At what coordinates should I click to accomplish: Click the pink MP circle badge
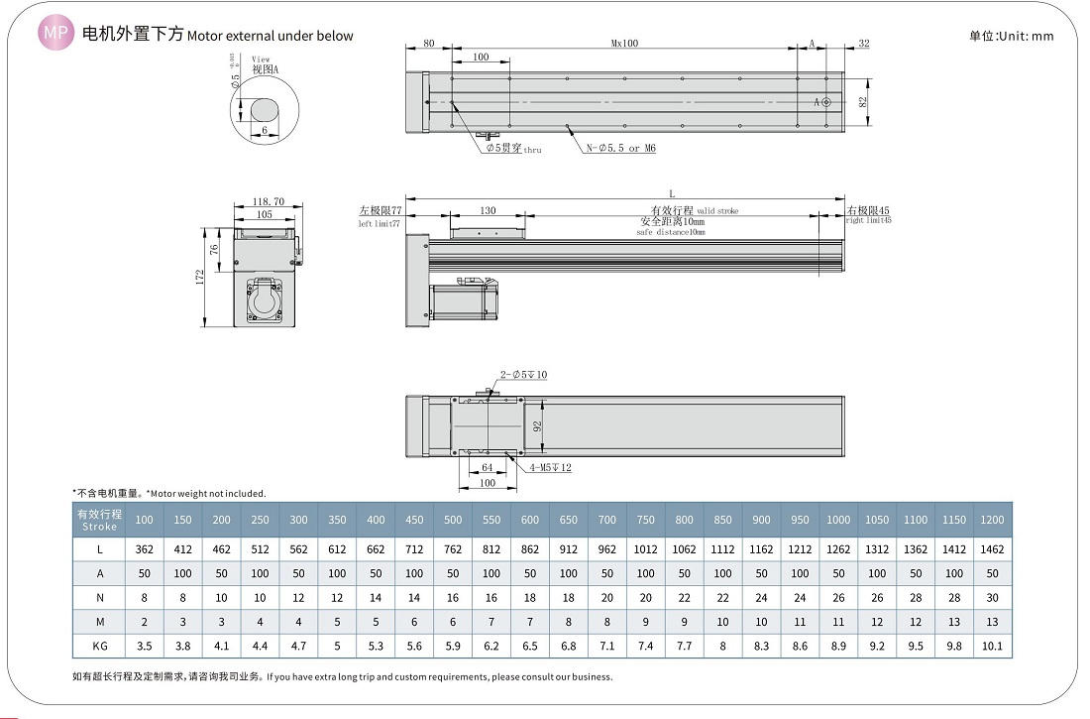coord(55,35)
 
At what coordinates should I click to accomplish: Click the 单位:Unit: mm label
coord(1011,36)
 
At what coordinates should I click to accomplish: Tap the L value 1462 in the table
coord(991,548)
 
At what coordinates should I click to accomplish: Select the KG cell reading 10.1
coord(991,646)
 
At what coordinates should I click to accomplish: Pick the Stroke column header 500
coord(453,520)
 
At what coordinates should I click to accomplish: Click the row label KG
coord(100,646)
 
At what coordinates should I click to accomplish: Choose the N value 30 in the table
coord(991,598)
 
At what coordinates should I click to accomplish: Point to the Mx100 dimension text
coord(624,44)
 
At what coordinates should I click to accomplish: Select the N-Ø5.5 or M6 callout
coord(620,149)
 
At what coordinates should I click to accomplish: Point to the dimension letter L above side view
coord(672,192)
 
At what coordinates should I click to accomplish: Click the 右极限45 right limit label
coord(869,211)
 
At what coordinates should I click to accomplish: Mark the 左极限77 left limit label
coord(380,211)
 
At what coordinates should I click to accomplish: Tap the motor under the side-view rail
coord(464,300)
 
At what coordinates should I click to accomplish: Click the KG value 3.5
coord(145,646)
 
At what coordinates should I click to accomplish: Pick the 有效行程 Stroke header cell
coord(100,520)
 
